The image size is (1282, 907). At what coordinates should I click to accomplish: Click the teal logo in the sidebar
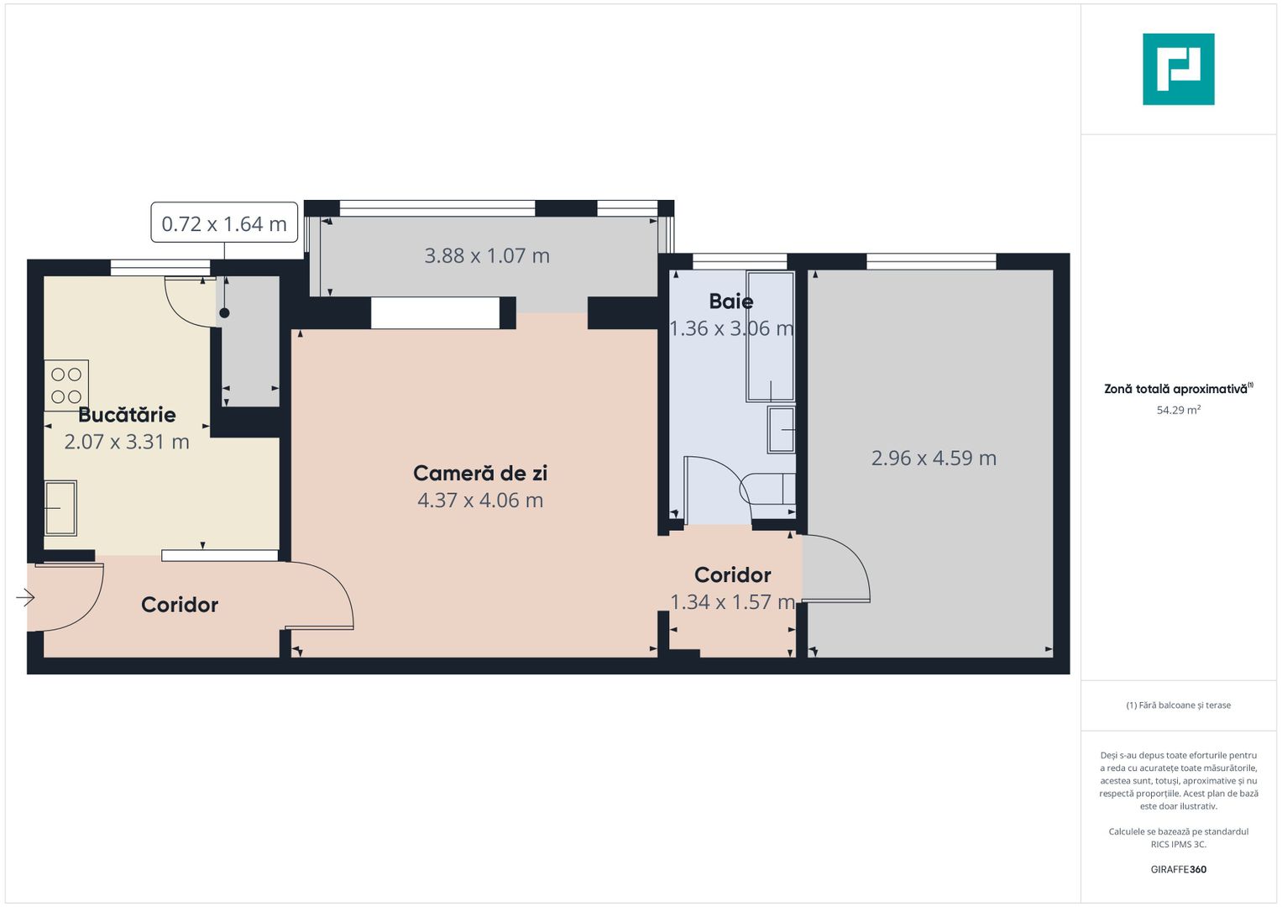pyautogui.click(x=1178, y=69)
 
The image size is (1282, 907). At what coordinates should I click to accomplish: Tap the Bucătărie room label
pyautogui.click(x=127, y=415)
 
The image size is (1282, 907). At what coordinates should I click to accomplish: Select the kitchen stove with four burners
pyautogui.click(x=66, y=385)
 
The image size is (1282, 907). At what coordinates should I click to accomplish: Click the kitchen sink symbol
pyautogui.click(x=60, y=508)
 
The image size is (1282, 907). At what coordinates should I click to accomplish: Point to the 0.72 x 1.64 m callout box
pyautogui.click(x=224, y=223)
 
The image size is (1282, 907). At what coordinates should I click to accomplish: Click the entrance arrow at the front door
pyautogui.click(x=25, y=598)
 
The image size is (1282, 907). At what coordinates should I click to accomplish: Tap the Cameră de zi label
pyautogui.click(x=480, y=474)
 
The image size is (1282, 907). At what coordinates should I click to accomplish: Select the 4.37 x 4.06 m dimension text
pyautogui.click(x=480, y=501)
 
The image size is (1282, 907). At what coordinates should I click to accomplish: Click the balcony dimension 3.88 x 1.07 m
pyautogui.click(x=487, y=256)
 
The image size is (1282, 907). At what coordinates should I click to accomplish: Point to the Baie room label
pyautogui.click(x=730, y=301)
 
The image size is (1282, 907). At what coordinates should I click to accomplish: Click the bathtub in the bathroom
pyautogui.click(x=771, y=336)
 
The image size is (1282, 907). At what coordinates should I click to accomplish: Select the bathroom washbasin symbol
pyautogui.click(x=782, y=429)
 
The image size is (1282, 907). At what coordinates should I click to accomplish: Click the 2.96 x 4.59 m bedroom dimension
pyautogui.click(x=934, y=459)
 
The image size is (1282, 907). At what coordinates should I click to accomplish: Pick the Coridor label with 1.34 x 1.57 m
pyautogui.click(x=732, y=575)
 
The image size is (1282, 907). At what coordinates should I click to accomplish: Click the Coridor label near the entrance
pyautogui.click(x=180, y=605)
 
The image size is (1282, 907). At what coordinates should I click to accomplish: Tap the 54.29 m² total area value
pyautogui.click(x=1178, y=411)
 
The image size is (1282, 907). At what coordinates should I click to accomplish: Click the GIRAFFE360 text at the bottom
pyautogui.click(x=1178, y=869)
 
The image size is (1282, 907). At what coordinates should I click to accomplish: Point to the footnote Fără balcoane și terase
pyautogui.click(x=1178, y=705)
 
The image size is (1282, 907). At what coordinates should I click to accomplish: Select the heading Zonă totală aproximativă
pyautogui.click(x=1176, y=389)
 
